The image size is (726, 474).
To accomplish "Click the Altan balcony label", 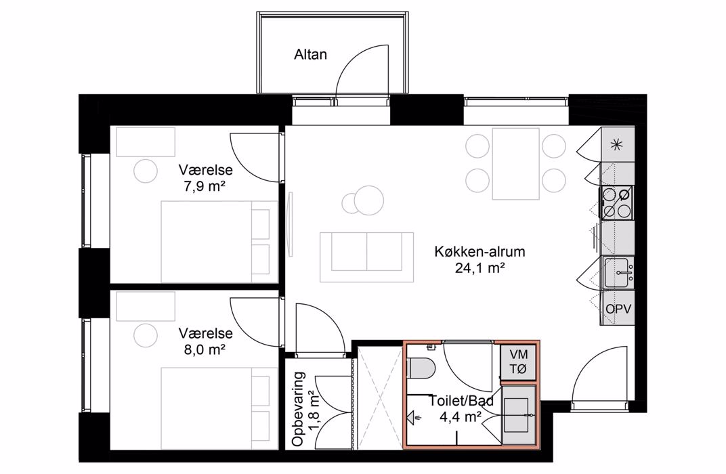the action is pyautogui.click(x=310, y=55).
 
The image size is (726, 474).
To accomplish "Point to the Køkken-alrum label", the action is pyautogui.click(x=479, y=252).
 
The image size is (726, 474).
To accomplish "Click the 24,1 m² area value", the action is pyautogui.click(x=479, y=268).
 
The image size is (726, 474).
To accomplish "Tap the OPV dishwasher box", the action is pyautogui.click(x=618, y=308).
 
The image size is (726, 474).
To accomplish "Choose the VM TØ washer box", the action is pyautogui.click(x=519, y=362).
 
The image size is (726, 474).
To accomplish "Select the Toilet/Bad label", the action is pyautogui.click(x=462, y=401).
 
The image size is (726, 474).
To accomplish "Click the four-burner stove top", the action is pyautogui.click(x=618, y=202).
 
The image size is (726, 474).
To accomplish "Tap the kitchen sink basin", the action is pyautogui.click(x=618, y=273).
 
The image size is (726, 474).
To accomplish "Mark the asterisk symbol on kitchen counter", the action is pyautogui.click(x=616, y=145).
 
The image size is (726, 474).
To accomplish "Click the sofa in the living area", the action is pyautogui.click(x=366, y=257).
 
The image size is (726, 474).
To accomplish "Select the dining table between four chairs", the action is pyautogui.click(x=516, y=163).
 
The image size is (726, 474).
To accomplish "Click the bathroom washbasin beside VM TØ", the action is pyautogui.click(x=519, y=414).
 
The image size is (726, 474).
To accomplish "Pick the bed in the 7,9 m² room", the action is pyautogui.click(x=219, y=242).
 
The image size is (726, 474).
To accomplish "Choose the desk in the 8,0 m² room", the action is pyautogui.click(x=146, y=306).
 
